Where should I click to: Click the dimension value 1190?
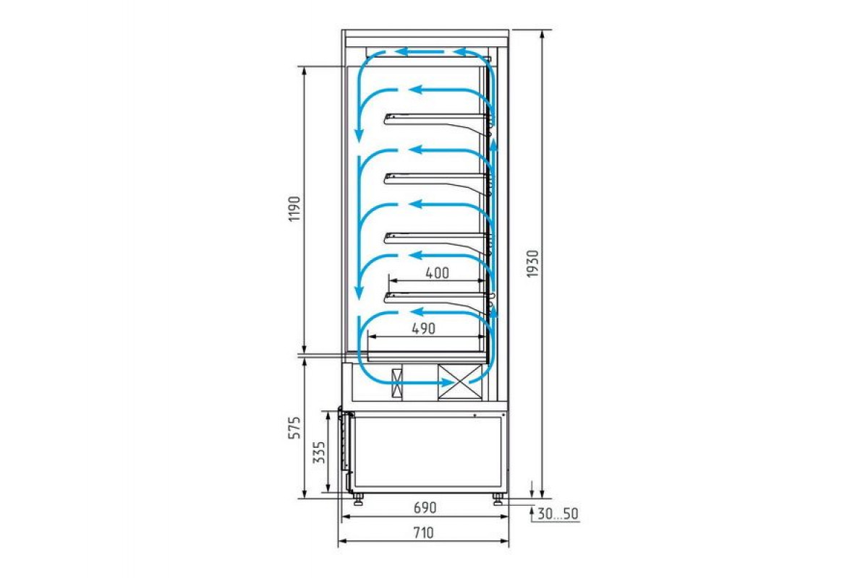tap(295, 209)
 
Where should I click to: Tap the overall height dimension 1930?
tap(533, 264)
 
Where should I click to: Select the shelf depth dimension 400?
tap(437, 273)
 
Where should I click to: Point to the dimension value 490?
tap(423, 329)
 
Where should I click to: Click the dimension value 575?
tap(295, 428)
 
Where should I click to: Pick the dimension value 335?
tap(319, 452)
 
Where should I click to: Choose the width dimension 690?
tap(425, 507)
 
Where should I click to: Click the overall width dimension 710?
tap(423, 533)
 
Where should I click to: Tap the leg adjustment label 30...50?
tap(558, 514)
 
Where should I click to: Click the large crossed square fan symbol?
tap(460, 381)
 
